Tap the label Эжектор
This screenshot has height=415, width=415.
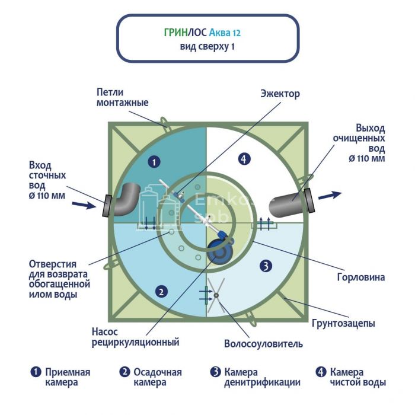pyautogui.click(x=280, y=94)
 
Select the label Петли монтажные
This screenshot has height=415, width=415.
pyautogui.click(x=122, y=97)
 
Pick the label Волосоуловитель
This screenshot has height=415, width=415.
pyautogui.click(x=263, y=344)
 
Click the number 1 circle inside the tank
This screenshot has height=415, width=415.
pyautogui.click(x=154, y=161)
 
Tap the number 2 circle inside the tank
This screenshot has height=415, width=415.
pyautogui.click(x=159, y=290)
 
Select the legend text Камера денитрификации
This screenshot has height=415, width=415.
pyautogui.click(x=261, y=377)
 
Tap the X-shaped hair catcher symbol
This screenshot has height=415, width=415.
pyautogui.click(x=216, y=296)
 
